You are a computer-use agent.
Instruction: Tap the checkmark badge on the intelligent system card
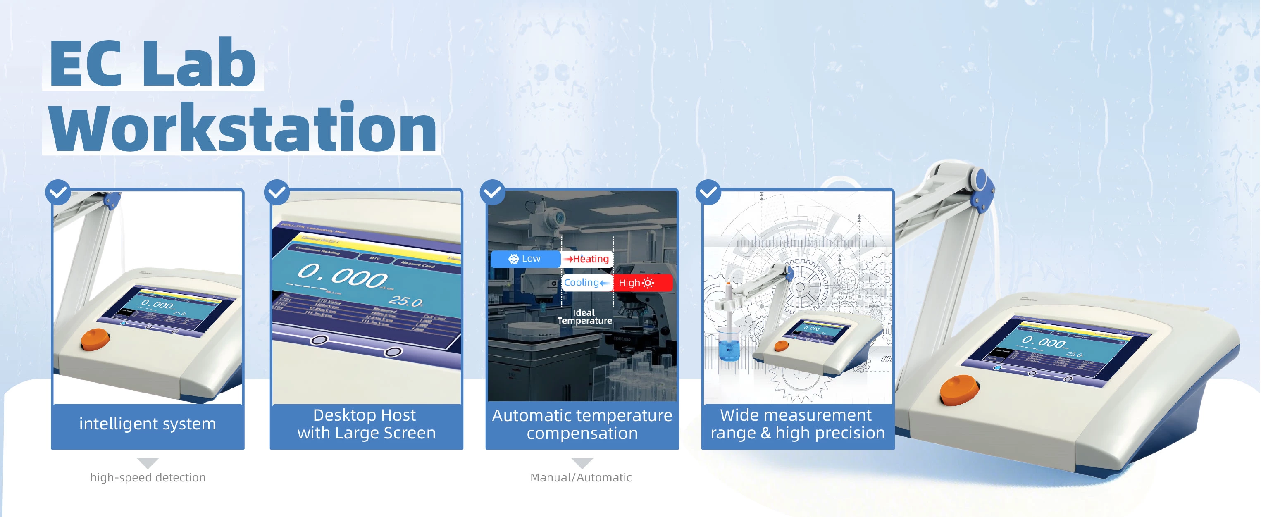point(58,192)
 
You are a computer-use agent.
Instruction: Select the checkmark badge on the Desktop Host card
point(277,192)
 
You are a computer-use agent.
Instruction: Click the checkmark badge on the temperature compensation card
point(493,192)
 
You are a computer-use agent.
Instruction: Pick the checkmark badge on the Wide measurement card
point(708,192)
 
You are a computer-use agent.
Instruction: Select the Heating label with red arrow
point(587,259)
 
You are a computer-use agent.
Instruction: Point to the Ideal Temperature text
point(584,316)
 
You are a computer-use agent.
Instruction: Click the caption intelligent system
point(148,424)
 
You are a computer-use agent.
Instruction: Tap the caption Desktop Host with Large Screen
point(366,424)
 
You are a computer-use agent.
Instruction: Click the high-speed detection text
point(148,477)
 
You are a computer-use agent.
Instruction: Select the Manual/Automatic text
point(581,477)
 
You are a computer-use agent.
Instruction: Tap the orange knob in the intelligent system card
point(95,339)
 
